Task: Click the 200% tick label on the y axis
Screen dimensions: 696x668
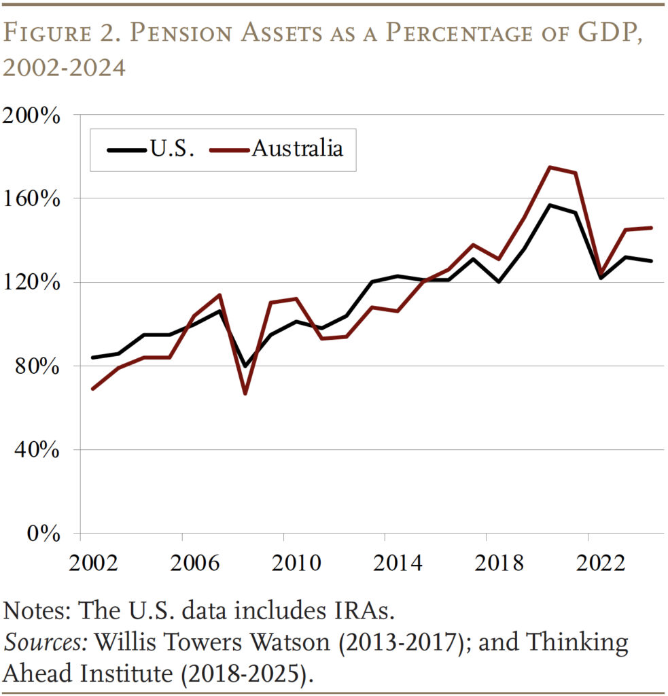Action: [33, 115]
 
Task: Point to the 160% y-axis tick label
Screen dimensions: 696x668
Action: [33, 199]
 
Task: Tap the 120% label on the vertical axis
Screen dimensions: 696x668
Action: [33, 283]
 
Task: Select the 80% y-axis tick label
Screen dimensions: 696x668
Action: [37, 366]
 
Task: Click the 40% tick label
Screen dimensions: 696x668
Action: [37, 450]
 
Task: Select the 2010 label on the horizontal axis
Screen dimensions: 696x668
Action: [283, 563]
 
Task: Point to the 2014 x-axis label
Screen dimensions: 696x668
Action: [385, 563]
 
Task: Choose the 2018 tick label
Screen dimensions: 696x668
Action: [486, 563]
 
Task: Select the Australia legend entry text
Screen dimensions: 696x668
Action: [297, 149]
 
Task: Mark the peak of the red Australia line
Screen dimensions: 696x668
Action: [550, 167]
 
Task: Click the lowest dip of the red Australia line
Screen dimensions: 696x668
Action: [245, 394]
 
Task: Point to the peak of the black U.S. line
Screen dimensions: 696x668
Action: [550, 205]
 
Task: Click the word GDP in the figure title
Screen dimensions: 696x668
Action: [603, 35]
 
